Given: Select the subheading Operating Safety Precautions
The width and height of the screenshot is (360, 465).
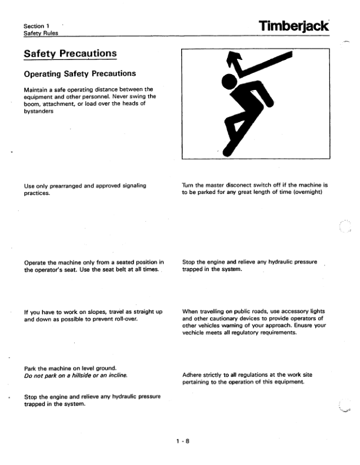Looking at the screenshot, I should pos(79,73).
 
